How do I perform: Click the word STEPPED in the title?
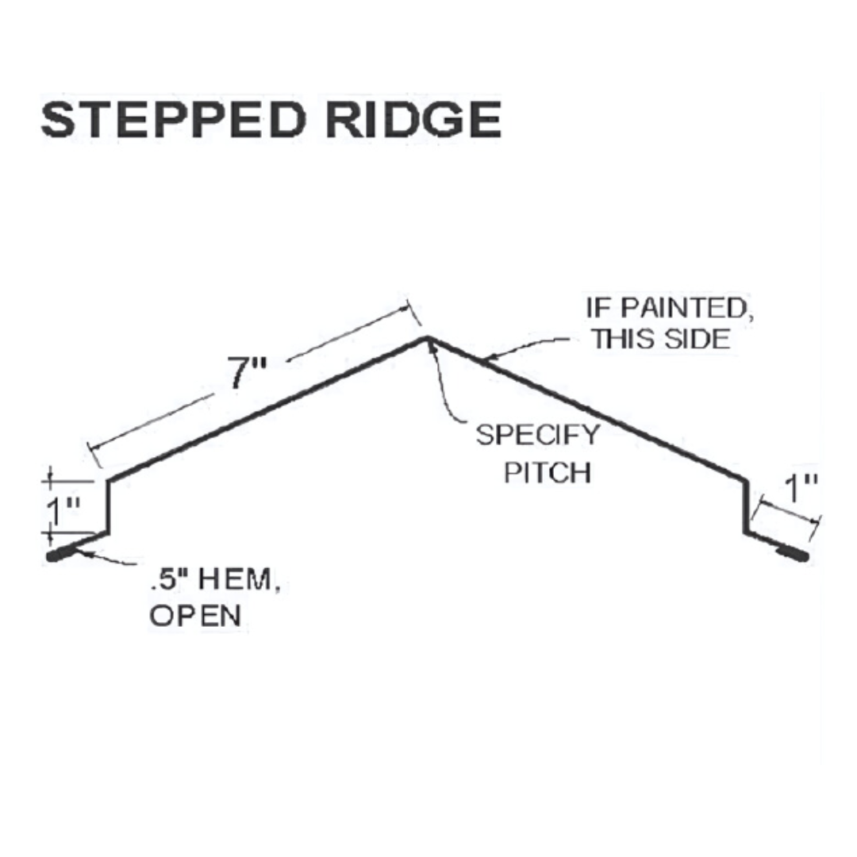[x=173, y=119]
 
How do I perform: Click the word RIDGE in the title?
[x=413, y=119]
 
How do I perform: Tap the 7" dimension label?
[x=247, y=373]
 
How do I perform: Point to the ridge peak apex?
[x=427, y=338]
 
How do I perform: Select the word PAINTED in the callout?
[x=685, y=308]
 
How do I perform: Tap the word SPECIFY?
[x=538, y=435]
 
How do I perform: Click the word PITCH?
[x=547, y=472]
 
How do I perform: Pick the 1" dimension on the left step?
[x=63, y=510]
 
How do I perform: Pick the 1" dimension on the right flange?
[x=801, y=487]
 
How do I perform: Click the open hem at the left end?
[x=63, y=552]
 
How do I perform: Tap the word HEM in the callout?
[x=234, y=579]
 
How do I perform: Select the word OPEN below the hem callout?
[x=195, y=616]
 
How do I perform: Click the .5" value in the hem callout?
[x=169, y=579]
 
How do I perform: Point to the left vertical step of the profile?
[x=108, y=506]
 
